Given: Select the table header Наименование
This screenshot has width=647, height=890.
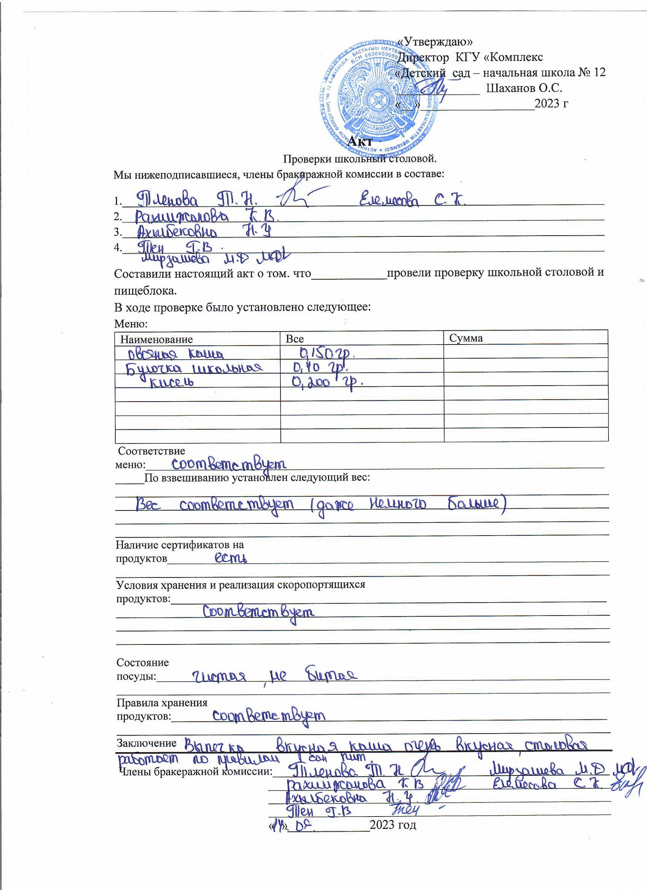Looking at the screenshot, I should click(156, 339).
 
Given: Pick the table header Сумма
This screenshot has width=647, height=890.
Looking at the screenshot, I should click(466, 338).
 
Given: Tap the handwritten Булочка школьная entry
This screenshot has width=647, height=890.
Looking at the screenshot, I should click(193, 368).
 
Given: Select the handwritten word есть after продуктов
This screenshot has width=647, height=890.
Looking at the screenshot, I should click(232, 558).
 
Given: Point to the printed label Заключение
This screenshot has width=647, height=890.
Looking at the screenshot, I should click(147, 743).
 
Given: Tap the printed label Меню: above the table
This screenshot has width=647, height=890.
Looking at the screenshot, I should click(131, 324).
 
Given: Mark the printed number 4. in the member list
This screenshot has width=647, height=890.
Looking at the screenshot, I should click(118, 247).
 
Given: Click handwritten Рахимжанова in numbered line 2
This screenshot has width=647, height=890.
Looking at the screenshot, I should click(182, 216).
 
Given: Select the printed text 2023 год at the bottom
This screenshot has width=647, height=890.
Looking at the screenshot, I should click(393, 825).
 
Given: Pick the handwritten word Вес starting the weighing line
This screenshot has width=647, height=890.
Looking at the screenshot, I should click(148, 505).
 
